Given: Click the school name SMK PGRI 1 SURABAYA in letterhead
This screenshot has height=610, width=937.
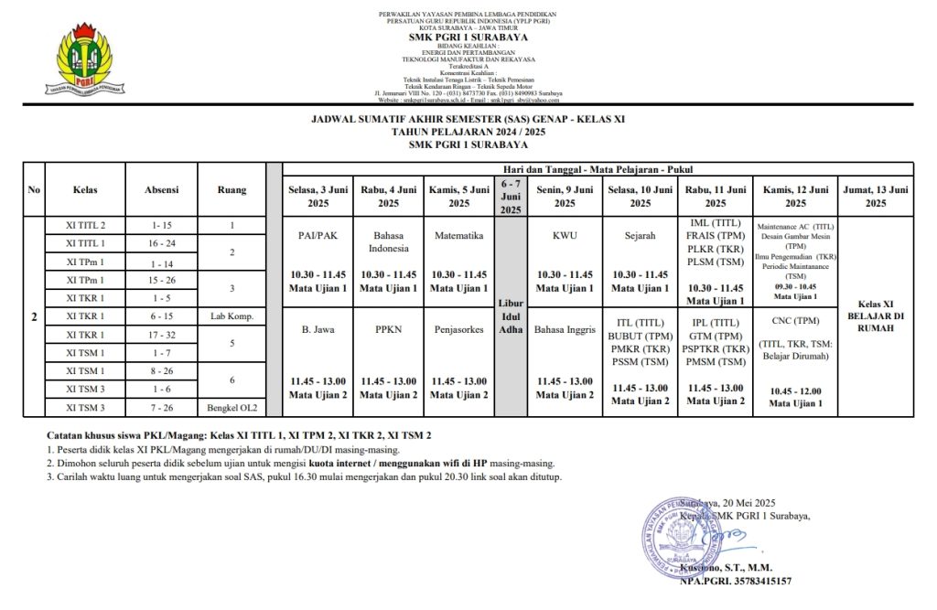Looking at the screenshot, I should (468, 37).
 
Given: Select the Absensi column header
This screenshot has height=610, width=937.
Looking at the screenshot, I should (162, 190).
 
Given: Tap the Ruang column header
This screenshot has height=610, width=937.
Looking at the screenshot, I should (232, 190).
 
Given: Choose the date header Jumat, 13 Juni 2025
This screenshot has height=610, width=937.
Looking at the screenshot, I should (876, 196).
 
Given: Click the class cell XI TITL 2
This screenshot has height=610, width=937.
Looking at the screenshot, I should (85, 225).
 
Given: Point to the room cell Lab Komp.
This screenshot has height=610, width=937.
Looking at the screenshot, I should (232, 316).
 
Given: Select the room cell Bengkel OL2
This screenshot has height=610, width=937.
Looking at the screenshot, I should (232, 407).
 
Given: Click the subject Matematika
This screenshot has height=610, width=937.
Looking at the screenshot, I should (458, 235).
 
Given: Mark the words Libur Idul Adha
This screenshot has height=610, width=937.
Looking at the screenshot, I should (511, 316).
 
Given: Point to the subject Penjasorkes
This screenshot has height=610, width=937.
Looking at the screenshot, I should (458, 329).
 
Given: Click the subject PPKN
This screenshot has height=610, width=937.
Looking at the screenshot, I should (389, 329).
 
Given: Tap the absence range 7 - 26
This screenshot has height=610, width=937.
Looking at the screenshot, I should (162, 407).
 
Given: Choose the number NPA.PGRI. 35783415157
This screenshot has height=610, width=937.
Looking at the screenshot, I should (735, 581).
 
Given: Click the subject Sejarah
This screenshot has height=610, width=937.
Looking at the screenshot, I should (640, 235).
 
